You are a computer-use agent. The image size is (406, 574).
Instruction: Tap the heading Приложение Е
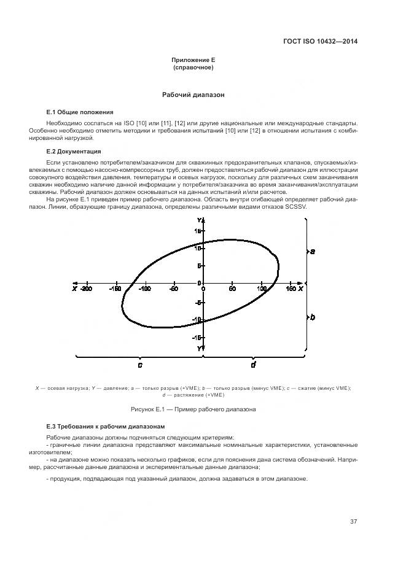193,60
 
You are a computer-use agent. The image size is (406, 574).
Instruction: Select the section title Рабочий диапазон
193,96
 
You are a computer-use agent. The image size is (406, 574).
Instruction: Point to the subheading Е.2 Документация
74,151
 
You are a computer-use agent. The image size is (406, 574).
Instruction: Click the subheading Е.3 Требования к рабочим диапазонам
103,425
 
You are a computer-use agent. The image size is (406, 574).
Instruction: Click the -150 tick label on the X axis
115,289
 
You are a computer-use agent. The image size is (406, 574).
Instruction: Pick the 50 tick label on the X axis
232,289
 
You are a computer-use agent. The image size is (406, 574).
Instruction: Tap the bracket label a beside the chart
313,252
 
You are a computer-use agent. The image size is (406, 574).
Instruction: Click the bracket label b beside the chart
313,317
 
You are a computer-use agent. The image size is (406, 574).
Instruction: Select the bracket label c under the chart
140,365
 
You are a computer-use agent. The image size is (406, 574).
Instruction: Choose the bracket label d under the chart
253,365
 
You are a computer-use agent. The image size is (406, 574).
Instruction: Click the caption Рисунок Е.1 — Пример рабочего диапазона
193,409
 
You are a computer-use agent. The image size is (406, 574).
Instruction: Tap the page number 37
353,522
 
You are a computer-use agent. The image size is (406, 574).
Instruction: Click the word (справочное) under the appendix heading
193,67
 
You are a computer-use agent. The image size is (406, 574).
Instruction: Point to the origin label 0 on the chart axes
199,289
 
